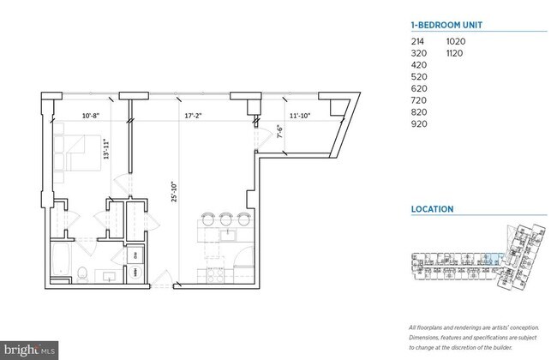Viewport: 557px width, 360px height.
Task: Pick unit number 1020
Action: (457, 41)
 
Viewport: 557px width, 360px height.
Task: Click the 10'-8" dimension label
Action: (92, 113)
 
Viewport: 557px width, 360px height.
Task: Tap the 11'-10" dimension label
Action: (299, 113)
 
